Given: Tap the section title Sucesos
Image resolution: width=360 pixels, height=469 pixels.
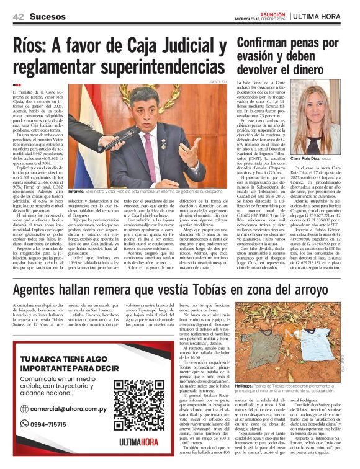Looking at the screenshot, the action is pos(48,16).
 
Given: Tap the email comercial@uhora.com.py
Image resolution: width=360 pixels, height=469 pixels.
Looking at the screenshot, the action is pos(66,408).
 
